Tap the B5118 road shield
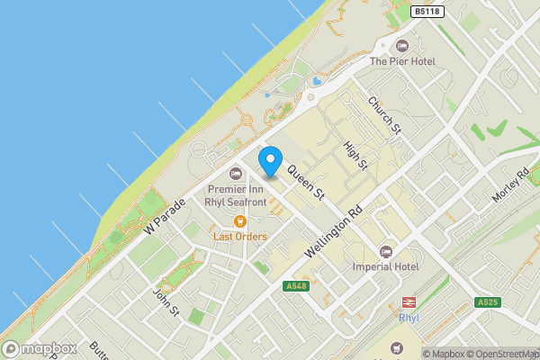pyautogui.click(x=427, y=12)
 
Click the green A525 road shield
pyautogui.click(x=487, y=302)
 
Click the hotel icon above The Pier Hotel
pyautogui.click(x=402, y=45)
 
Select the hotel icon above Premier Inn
pyautogui.click(x=236, y=173)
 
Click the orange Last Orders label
pyautogui.click(x=239, y=237)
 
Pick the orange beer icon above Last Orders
pyautogui.click(x=240, y=221)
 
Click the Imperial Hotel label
pyautogui.click(x=388, y=267)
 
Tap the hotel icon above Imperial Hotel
pyautogui.click(x=386, y=251)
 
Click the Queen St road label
pyautogui.click(x=306, y=182)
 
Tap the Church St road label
pyautogui.click(x=383, y=116)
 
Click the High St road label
pyautogui.click(x=356, y=155)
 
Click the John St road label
pyautogui.click(x=166, y=301)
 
